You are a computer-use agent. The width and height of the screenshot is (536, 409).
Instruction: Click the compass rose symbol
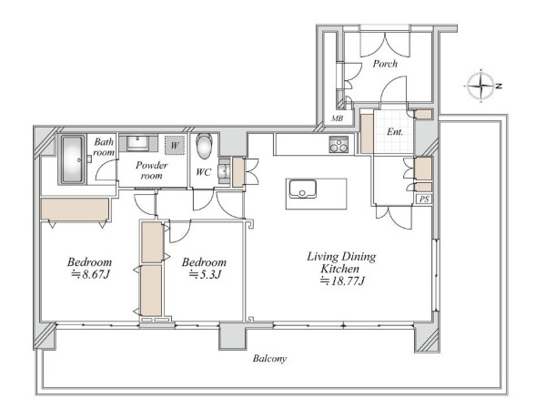click(x=481, y=86)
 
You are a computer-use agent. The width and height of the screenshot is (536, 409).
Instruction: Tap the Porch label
click(x=385, y=64)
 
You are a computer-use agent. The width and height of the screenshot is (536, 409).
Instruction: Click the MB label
click(x=337, y=118)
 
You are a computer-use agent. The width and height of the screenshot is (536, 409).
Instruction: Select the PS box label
click(x=424, y=199)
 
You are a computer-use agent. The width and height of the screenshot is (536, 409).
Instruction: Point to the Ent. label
click(x=395, y=131)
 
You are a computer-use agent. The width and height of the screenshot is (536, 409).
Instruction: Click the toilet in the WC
click(x=204, y=146)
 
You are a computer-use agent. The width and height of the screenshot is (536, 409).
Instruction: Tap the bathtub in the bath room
click(x=73, y=159)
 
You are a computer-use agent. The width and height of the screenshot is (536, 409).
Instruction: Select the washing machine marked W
click(x=175, y=146)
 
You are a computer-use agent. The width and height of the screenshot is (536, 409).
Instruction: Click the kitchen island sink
click(x=302, y=189)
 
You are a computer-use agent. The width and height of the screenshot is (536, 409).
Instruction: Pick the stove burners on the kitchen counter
click(x=339, y=144)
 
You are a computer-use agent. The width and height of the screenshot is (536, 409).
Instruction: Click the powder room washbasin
click(x=137, y=143)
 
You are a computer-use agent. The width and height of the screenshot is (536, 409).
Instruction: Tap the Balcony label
click(x=269, y=359)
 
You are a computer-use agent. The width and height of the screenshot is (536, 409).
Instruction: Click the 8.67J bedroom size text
click(x=90, y=274)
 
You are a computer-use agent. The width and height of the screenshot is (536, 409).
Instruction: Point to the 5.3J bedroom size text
click(x=205, y=274)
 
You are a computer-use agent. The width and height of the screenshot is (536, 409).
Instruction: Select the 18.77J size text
click(x=343, y=281)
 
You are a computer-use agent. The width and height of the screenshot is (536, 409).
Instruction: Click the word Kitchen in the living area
click(x=339, y=269)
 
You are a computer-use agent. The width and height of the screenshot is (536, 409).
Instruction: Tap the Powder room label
click(x=151, y=170)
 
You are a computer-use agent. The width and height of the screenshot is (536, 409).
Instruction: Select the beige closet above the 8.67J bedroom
click(x=75, y=210)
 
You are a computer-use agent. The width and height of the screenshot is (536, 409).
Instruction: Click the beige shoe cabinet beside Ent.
click(x=367, y=134)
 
